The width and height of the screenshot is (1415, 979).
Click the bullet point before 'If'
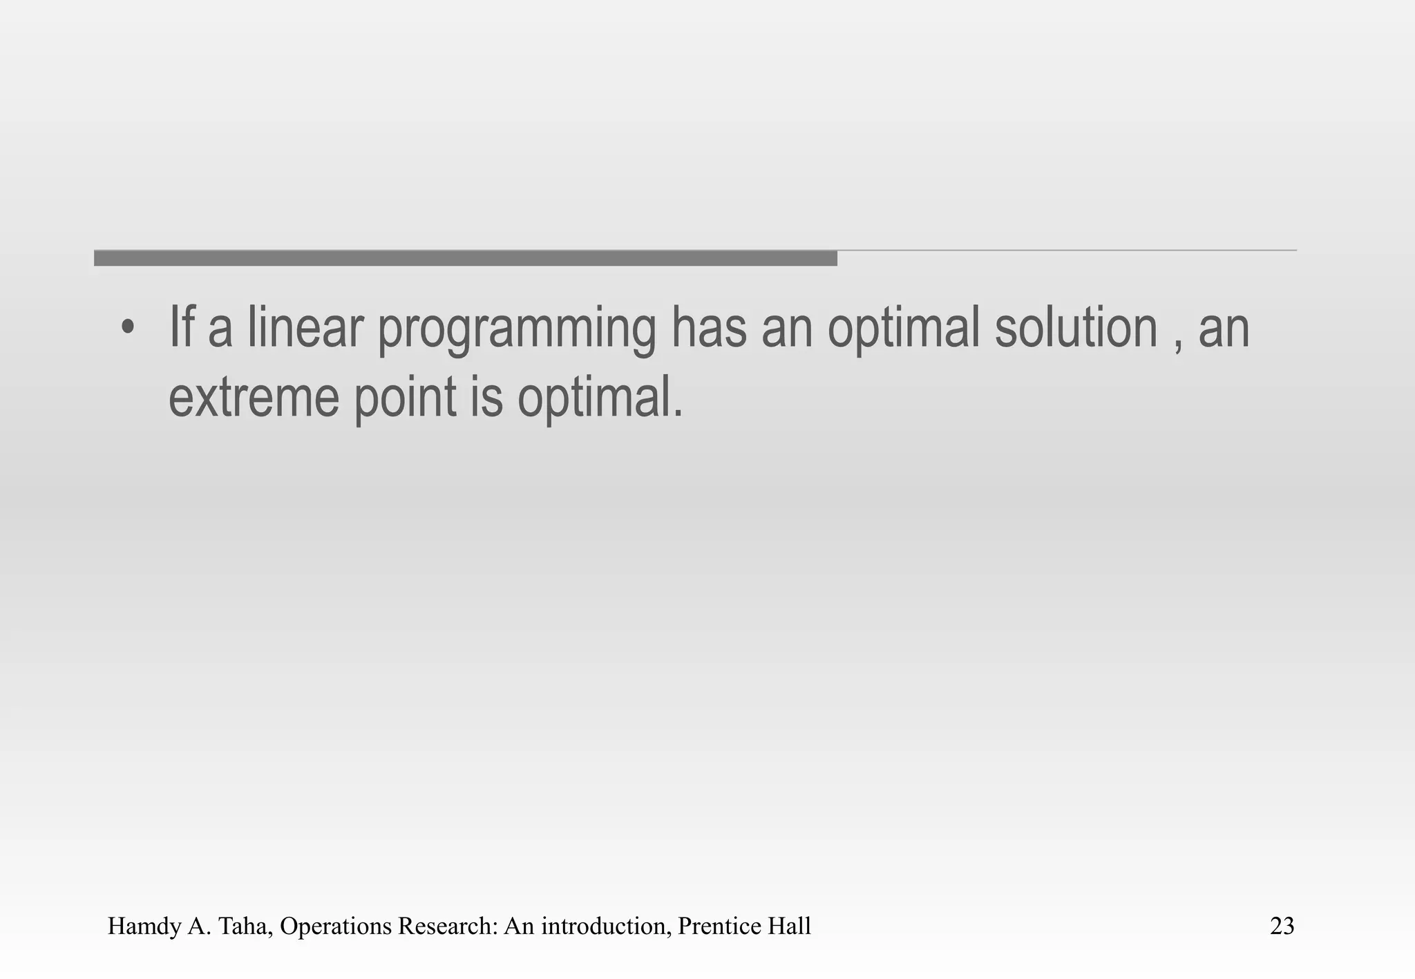pyautogui.click(x=126, y=328)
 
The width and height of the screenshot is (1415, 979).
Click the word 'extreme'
pyautogui.click(x=254, y=398)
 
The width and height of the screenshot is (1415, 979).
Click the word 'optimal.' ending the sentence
pyautogui.click(x=600, y=399)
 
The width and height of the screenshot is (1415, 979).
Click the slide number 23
pyautogui.click(x=1282, y=926)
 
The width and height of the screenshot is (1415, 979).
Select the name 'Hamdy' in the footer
pyautogui.click(x=144, y=927)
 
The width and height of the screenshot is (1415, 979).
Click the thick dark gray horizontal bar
pyautogui.click(x=465, y=258)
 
